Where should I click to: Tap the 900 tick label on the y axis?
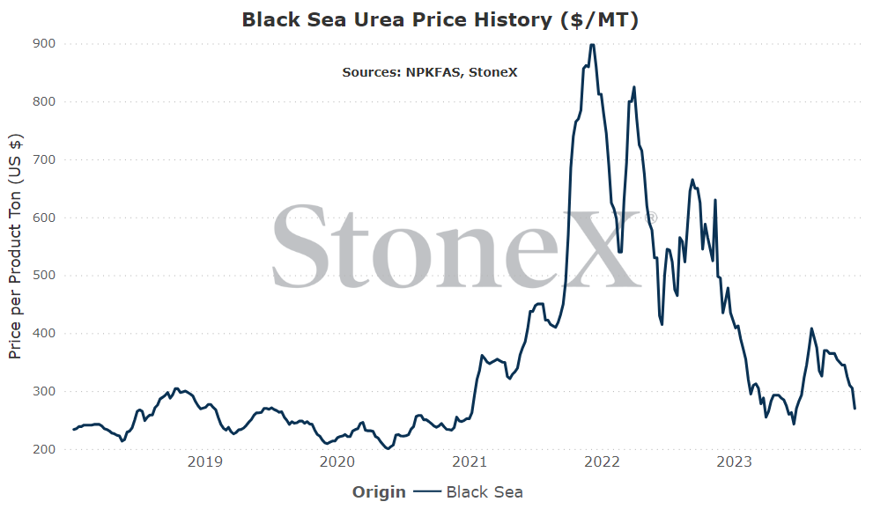(x=44, y=43)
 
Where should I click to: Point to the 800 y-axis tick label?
(x=44, y=101)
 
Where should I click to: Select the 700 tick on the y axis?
(x=44, y=159)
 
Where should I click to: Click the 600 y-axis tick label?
(x=44, y=218)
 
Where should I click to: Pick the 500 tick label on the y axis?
(x=44, y=275)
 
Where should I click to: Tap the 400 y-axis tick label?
(x=44, y=333)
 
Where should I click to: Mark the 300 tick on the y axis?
(x=44, y=391)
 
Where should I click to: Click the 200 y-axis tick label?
(x=44, y=449)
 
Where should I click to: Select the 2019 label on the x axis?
(x=205, y=461)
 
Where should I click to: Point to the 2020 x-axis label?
(x=337, y=461)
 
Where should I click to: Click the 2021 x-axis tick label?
(x=470, y=461)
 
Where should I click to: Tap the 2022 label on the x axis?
(x=602, y=461)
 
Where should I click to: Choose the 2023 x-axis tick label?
(x=734, y=461)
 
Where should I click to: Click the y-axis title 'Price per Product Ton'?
(x=15, y=277)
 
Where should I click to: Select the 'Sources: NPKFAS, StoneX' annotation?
(x=430, y=72)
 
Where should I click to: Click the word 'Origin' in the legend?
(x=379, y=492)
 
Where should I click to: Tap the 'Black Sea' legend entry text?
(x=485, y=492)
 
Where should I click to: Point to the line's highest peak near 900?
(x=592, y=45)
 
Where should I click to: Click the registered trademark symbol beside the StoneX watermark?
(x=650, y=218)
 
